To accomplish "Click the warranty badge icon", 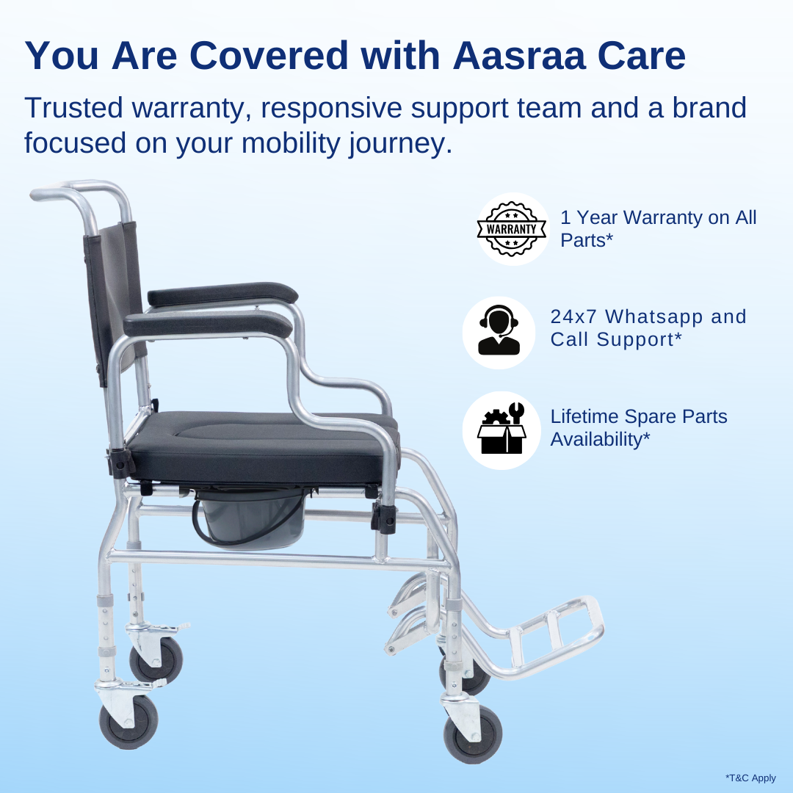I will [513, 229].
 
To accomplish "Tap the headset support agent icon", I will [499, 333].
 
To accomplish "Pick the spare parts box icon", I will [499, 430].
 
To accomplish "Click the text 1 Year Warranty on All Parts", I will [658, 229].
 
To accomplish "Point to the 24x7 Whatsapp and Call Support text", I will [648, 327].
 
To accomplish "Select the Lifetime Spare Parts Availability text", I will [638, 427].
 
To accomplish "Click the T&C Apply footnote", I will [750, 778].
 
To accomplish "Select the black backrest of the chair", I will [110, 294].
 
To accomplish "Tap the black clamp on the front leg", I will [383, 517].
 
